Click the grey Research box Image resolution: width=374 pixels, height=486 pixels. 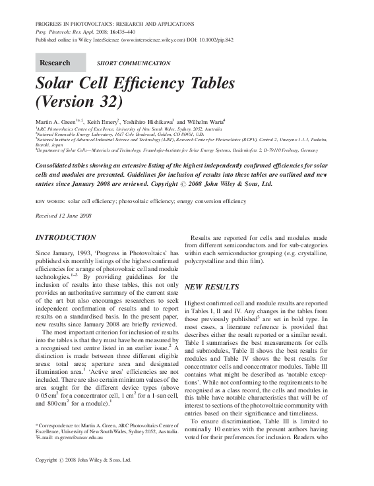60,63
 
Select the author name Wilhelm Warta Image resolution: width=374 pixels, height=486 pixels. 206,122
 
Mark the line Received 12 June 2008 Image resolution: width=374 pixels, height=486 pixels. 63,216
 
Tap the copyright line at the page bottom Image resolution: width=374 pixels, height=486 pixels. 83,478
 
